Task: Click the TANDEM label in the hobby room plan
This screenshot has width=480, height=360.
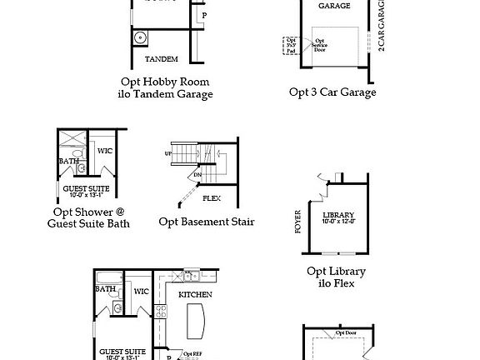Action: point(162,60)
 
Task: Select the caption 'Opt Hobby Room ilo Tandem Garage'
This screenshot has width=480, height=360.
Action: point(165,87)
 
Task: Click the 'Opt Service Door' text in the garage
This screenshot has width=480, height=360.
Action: point(320,44)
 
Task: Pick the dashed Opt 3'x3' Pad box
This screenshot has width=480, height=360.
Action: point(291,44)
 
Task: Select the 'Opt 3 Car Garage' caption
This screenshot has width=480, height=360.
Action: point(332,92)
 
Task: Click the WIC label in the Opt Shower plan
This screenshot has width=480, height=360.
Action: point(105,151)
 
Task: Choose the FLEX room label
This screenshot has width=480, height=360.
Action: point(212,199)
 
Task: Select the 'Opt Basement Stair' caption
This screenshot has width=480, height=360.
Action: point(207,222)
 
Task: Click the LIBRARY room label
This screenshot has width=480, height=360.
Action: point(338,214)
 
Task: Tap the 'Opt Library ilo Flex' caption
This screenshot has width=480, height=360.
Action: point(336,277)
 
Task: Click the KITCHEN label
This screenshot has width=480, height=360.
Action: point(195,294)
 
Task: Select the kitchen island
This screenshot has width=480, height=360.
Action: point(197,320)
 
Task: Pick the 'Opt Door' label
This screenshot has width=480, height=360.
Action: point(346,332)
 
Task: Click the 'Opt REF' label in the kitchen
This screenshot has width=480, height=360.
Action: point(192,354)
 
